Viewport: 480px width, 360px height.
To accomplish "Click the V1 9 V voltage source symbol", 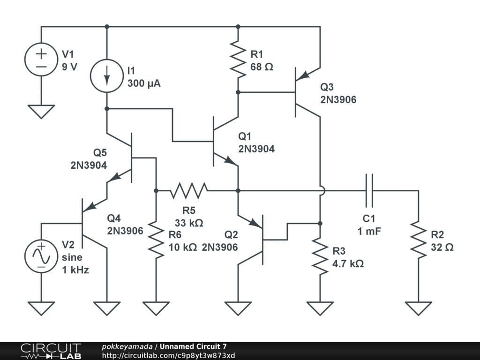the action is pos(41,60).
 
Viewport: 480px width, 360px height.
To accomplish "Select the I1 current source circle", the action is pos(107,76).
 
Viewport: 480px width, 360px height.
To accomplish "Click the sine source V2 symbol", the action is pos(41,256).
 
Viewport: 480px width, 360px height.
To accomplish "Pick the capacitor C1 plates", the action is pos(369,191).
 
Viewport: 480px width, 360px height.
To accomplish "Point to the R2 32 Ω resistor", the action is pos(419,240).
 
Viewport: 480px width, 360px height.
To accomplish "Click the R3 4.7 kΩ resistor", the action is pos(320,256).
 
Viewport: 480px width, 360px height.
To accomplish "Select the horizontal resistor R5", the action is pos(189,191).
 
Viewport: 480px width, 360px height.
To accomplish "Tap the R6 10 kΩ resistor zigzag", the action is pos(156,240).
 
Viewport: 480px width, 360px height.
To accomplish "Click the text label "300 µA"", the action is pos(144,83).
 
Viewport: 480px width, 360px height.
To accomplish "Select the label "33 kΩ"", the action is pos(189,223).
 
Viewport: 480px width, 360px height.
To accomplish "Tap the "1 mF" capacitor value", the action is pos(369,231).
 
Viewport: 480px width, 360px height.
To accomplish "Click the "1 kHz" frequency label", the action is pos(75,270).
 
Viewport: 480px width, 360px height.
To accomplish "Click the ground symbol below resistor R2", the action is pos(419,308).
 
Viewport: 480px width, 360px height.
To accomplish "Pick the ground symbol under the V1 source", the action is pos(41,112).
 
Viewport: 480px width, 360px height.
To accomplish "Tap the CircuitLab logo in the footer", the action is pos(51,351).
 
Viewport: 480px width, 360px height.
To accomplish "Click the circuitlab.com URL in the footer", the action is pos(168,355).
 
